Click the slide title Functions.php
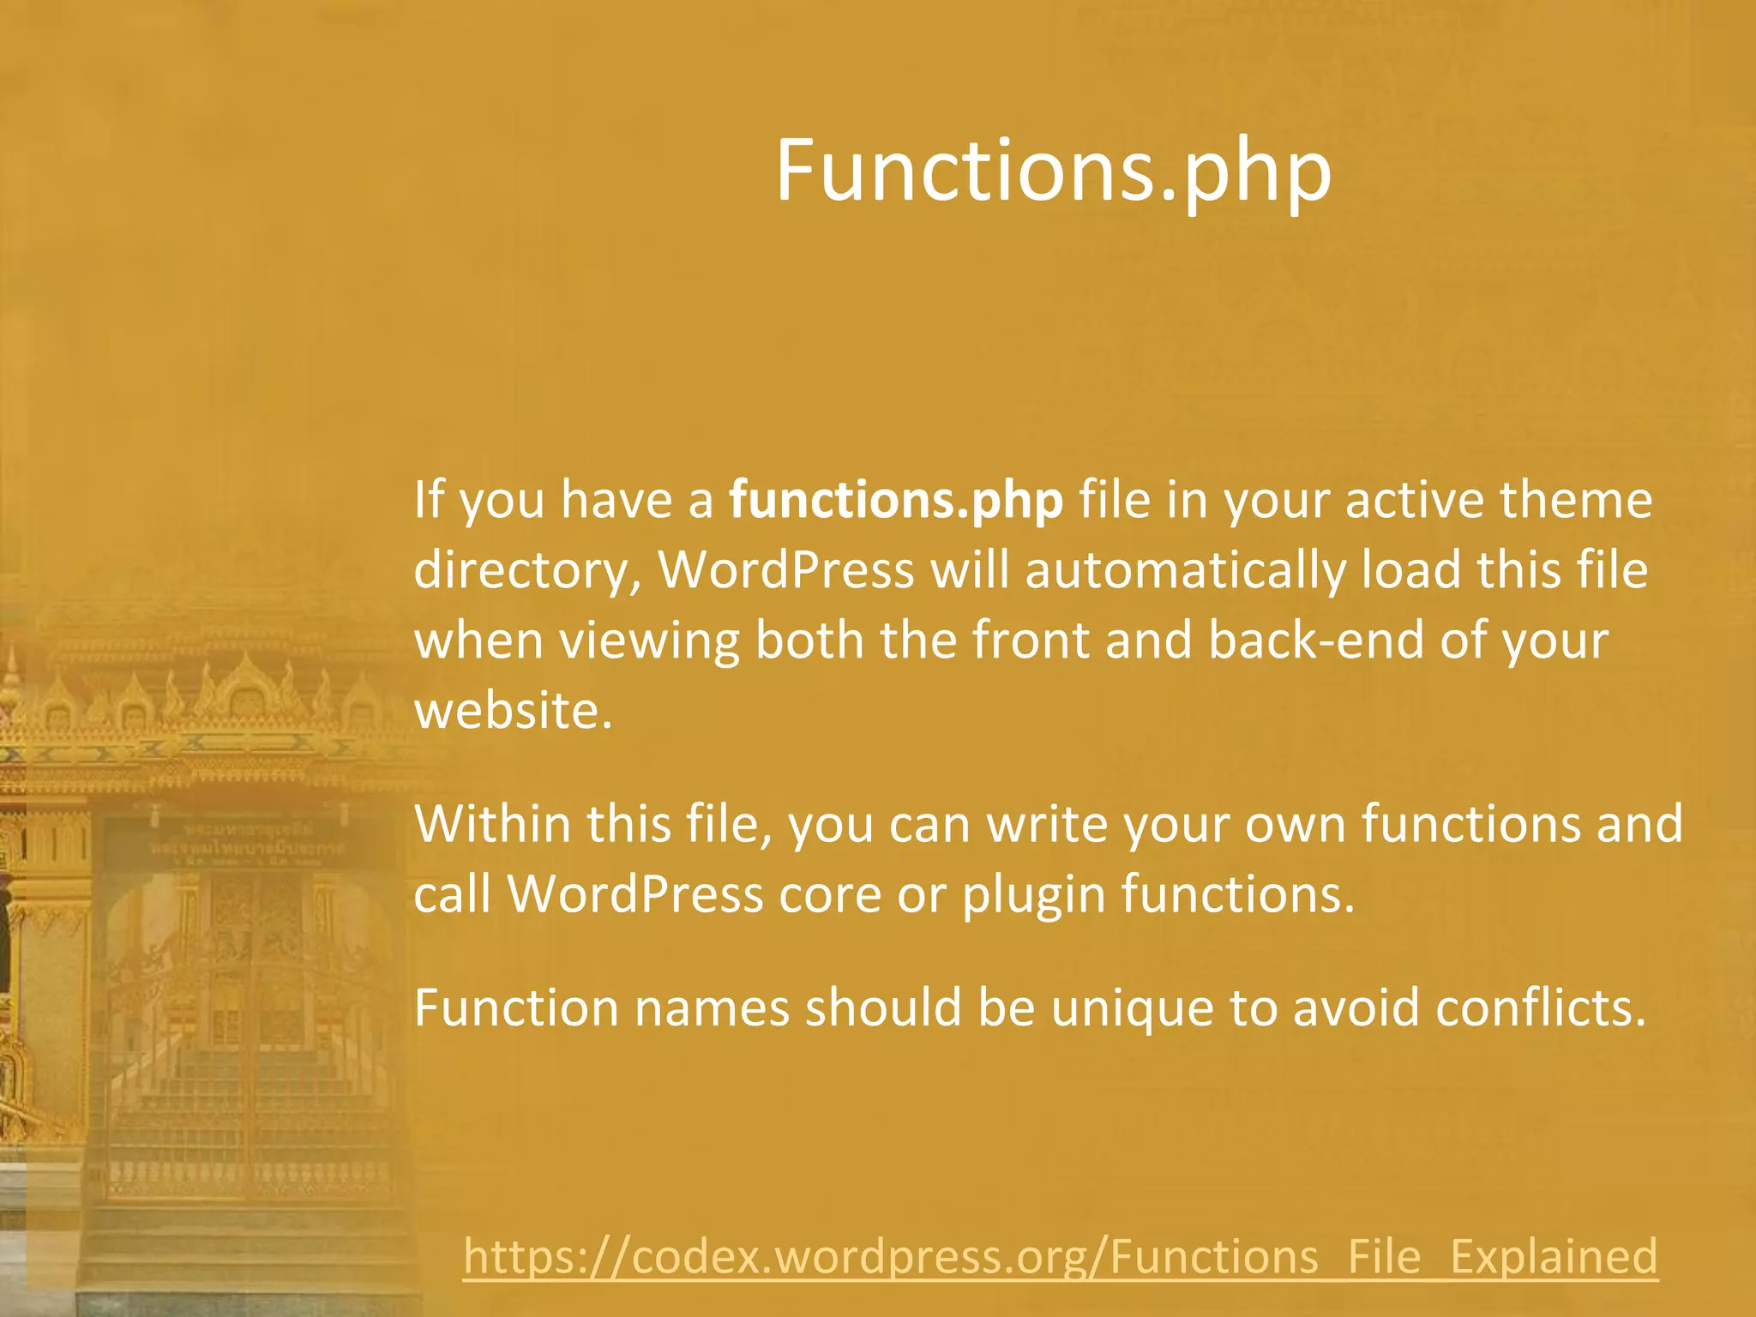click(1053, 171)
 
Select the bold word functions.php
click(896, 500)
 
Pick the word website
click(512, 712)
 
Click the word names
click(711, 1007)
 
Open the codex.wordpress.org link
click(1060, 1257)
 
